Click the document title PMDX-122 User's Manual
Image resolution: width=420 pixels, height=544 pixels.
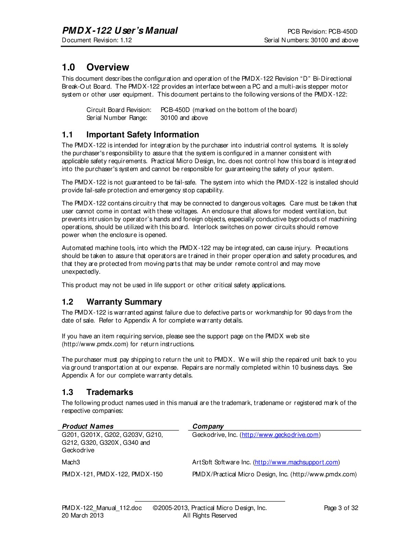(x=120, y=31)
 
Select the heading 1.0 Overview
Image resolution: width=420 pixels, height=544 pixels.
(x=95, y=67)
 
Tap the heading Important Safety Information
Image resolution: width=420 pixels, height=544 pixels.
(x=142, y=134)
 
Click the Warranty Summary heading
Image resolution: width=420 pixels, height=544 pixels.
(x=124, y=302)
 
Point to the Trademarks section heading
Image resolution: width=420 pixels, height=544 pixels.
(x=109, y=392)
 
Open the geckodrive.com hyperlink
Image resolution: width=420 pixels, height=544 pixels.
(x=280, y=435)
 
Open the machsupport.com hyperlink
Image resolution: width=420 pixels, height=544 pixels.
(x=296, y=462)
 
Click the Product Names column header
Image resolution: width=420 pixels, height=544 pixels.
(x=87, y=426)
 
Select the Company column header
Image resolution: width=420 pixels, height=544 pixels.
(x=208, y=426)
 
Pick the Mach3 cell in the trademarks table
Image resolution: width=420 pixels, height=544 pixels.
(x=71, y=462)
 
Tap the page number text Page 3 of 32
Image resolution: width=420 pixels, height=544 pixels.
(x=341, y=508)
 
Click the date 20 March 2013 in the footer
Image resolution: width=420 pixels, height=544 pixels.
(x=82, y=515)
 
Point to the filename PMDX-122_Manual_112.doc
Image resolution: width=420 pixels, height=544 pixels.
(x=102, y=508)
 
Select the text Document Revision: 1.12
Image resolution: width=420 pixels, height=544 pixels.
(x=97, y=40)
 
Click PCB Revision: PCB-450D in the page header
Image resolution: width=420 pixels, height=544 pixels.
(x=322, y=31)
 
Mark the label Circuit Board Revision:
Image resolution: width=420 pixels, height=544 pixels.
(x=119, y=110)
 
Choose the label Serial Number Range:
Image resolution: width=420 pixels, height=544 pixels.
(x=117, y=118)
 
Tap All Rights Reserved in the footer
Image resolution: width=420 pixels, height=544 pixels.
(x=210, y=515)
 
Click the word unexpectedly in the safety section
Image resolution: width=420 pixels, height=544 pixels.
(x=81, y=272)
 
